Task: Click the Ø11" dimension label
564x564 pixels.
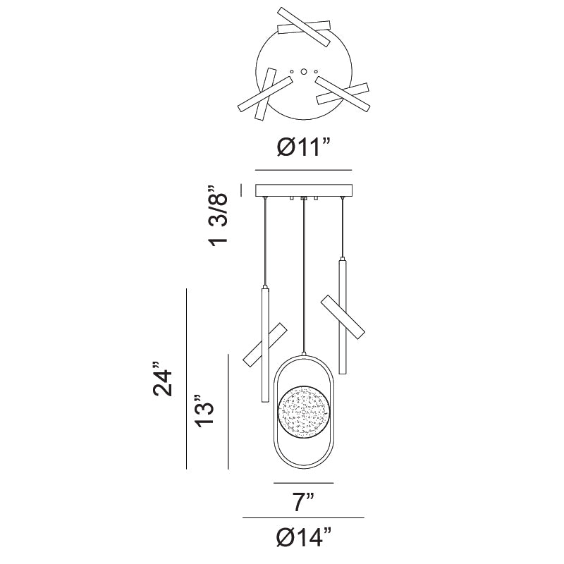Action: pyautogui.click(x=303, y=147)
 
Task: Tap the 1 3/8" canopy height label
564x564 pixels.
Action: pyautogui.click(x=218, y=216)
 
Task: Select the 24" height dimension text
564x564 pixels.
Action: pyautogui.click(x=163, y=379)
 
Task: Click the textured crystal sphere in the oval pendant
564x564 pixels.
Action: pyautogui.click(x=304, y=412)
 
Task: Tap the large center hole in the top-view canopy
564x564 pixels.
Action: pyautogui.click(x=304, y=72)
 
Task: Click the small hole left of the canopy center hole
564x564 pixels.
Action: pyautogui.click(x=292, y=72)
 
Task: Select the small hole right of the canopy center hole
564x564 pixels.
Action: pyautogui.click(x=316, y=72)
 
